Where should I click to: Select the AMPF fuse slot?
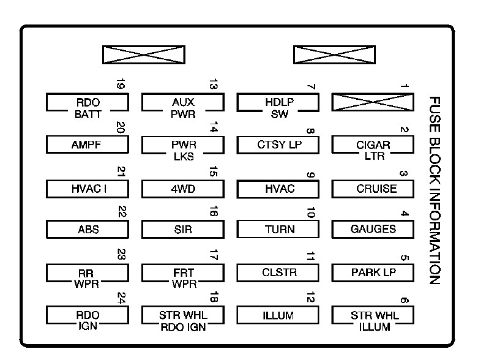coord(88,144)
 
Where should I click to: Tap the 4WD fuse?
coord(183,188)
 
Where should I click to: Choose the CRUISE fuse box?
coord(373,188)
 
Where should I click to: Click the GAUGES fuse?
coord(373,229)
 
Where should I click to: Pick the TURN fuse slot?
coord(278,229)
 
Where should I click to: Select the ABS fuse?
coord(88,230)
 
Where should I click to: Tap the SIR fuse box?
coord(183,230)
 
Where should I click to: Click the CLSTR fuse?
coord(278,271)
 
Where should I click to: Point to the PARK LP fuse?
coord(373,271)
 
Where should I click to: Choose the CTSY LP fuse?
coord(278,145)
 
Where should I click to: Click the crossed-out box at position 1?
coord(373,102)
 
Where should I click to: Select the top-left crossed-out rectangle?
coord(144,54)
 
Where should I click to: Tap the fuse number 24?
coord(121,299)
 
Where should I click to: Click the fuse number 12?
coord(311,299)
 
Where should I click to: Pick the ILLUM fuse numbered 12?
coord(278,315)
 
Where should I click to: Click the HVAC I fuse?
coord(88,188)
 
